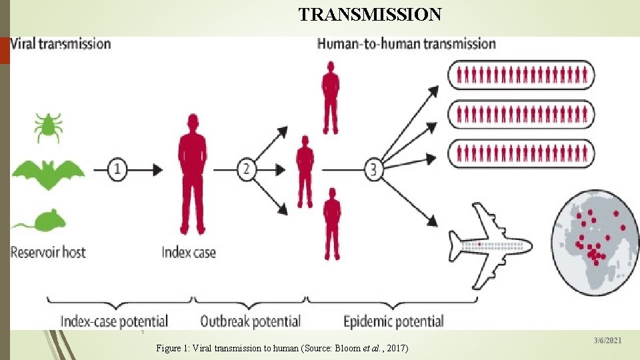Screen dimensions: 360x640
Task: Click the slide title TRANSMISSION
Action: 369,15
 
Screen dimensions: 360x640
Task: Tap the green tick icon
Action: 48,127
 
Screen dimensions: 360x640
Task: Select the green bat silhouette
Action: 49,174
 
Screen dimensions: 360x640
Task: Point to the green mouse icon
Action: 39,220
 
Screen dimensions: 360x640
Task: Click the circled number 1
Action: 117,169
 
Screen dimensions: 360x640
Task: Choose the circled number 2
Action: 246,169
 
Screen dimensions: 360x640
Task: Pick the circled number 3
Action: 373,169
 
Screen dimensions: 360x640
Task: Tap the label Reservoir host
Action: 48,253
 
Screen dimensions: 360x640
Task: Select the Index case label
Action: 189,253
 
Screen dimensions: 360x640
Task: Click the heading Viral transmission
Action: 62,44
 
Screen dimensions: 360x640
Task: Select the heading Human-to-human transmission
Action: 407,44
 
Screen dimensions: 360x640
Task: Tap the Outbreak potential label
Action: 250,321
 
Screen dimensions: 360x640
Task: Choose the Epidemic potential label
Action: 393,321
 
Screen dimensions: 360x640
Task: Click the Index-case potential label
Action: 114,321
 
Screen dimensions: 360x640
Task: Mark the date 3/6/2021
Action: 607,341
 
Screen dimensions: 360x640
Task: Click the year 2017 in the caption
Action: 396,349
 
